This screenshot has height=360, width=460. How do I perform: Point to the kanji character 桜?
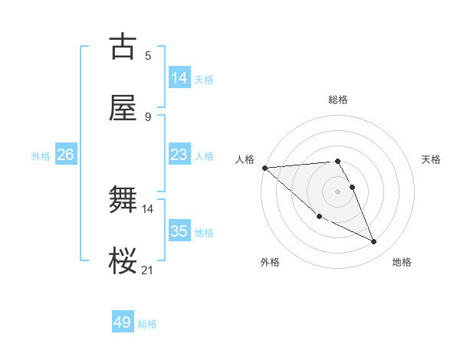tap(123, 262)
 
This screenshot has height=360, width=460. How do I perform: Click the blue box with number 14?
tap(179, 77)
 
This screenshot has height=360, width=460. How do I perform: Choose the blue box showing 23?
tap(179, 155)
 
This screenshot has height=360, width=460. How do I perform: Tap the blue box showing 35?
tap(179, 231)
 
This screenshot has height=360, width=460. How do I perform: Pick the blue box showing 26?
tap(65, 155)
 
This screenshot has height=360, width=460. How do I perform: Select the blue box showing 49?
tap(123, 322)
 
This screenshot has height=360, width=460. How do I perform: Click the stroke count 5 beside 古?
tap(148, 55)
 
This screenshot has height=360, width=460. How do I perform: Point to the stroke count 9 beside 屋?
tap(148, 117)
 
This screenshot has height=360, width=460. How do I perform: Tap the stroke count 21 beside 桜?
tap(147, 270)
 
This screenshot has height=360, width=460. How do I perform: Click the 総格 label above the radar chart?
tap(338, 100)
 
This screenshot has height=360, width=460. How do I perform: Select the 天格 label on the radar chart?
tap(432, 159)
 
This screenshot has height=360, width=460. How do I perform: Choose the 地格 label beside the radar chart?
tap(402, 263)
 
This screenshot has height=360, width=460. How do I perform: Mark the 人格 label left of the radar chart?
tap(245, 159)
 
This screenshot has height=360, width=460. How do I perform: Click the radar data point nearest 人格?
tap(264, 168)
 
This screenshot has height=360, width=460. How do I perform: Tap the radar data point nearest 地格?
tap(374, 242)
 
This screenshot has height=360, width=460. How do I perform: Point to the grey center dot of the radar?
tap(338, 191)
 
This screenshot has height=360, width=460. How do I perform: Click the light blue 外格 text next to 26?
tap(41, 156)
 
